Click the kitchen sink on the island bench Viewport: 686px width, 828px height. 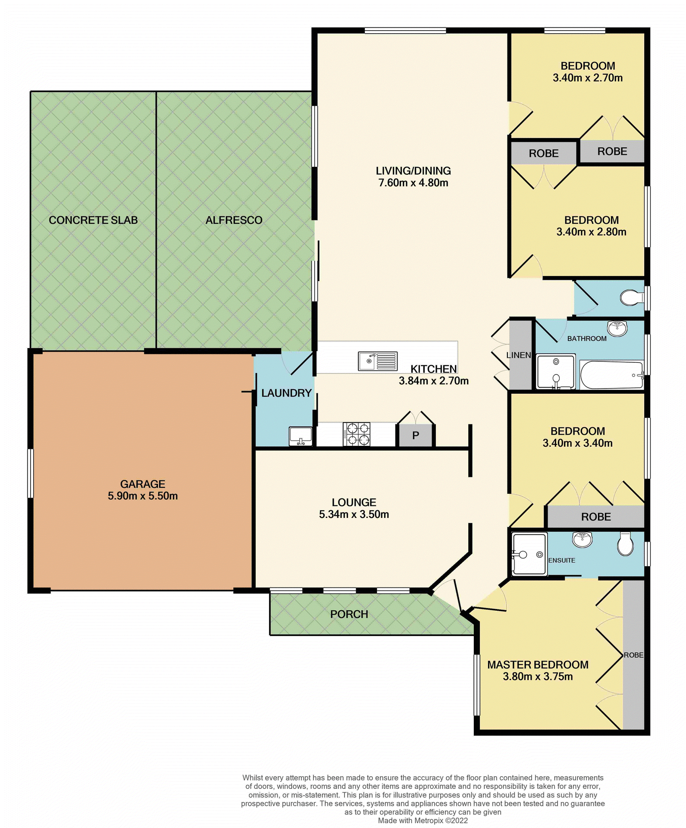point(377,361)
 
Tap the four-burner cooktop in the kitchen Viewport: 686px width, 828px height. point(357,434)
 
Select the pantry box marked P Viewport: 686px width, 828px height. point(415,436)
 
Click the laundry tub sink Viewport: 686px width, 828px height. point(301,436)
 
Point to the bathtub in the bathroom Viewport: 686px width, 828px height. point(611,375)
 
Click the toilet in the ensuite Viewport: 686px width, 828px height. point(625,544)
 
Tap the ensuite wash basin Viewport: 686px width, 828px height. point(582,539)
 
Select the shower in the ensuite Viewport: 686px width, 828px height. point(529,554)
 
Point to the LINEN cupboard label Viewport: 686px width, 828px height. point(518,355)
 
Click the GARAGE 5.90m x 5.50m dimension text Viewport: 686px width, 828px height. point(143,496)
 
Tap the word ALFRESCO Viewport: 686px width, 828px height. point(234,220)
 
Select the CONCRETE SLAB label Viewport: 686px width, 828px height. point(93,220)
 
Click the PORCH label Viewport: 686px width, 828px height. point(349,614)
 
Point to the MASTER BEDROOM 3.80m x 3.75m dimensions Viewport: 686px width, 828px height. point(538,676)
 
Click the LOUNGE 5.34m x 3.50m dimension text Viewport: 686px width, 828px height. point(354,514)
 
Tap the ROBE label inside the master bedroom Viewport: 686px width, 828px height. point(633,655)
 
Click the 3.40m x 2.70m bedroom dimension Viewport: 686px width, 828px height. point(587,78)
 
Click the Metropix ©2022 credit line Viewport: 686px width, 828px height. point(423,820)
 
